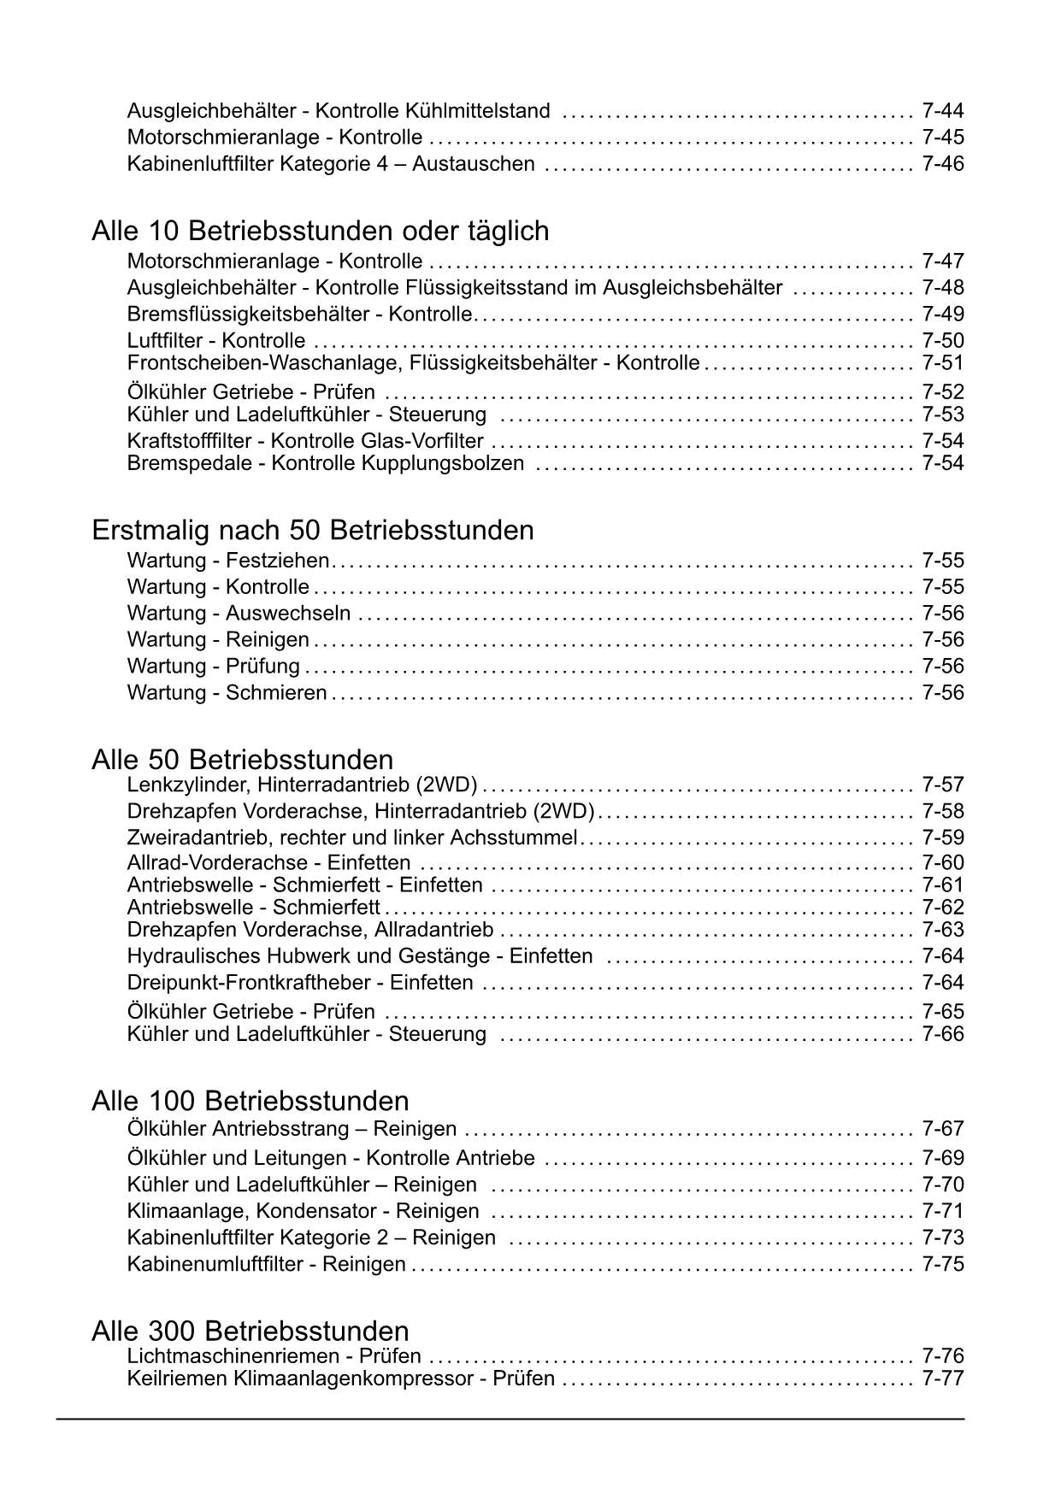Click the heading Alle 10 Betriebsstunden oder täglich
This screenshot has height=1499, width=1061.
[320, 232]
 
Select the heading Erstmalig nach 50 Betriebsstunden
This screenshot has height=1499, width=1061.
[312, 531]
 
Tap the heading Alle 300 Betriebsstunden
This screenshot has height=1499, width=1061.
[250, 1331]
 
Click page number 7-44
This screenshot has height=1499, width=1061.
[942, 111]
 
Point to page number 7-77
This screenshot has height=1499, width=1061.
[942, 1378]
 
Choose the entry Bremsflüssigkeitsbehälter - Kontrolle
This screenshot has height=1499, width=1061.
[299, 314]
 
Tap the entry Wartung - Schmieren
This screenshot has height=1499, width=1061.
[227, 693]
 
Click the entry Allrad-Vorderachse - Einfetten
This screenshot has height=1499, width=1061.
[268, 863]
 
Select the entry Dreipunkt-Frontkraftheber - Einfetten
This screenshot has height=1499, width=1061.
[299, 983]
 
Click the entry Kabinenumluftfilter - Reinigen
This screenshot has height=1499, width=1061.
[266, 1264]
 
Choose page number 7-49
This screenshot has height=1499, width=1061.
[942, 314]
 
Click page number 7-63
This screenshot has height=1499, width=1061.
[942, 930]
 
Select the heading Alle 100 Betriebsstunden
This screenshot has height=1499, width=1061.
[250, 1101]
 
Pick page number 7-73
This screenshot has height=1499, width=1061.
[942, 1237]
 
